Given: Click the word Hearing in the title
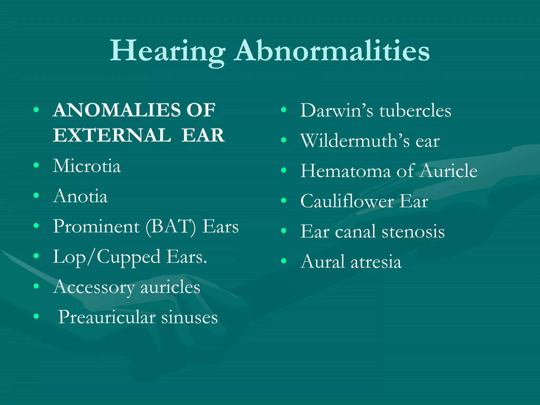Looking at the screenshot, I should (x=167, y=51).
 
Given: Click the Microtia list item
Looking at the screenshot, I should (x=87, y=166).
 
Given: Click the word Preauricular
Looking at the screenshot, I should (x=107, y=317).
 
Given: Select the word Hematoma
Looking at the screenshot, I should (x=346, y=171).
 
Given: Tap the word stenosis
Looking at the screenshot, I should (x=413, y=232).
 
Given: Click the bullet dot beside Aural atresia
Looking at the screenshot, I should (x=284, y=261).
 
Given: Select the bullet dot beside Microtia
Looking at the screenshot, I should (x=36, y=165).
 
